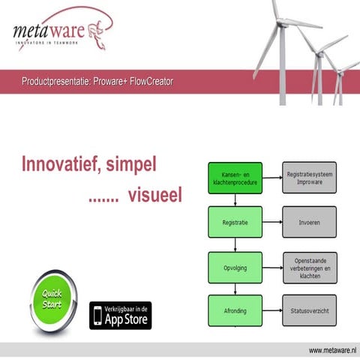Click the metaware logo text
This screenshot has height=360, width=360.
coord(49,31)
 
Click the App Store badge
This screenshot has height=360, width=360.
coord(120,315)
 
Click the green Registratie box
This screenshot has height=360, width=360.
coord(235,222)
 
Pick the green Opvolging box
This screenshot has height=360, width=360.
coord(235,266)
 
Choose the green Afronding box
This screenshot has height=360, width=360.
coord(235,310)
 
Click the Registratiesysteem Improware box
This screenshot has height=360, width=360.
coord(309,177)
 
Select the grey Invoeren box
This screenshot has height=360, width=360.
coord(309,222)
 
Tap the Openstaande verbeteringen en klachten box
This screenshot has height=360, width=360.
coord(309,266)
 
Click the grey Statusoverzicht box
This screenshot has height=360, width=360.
coord(309,310)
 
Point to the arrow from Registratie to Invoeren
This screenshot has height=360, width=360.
coord(271,222)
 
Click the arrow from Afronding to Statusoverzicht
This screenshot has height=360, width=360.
coord(271,310)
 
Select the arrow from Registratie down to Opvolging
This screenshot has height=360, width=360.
coord(235,244)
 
